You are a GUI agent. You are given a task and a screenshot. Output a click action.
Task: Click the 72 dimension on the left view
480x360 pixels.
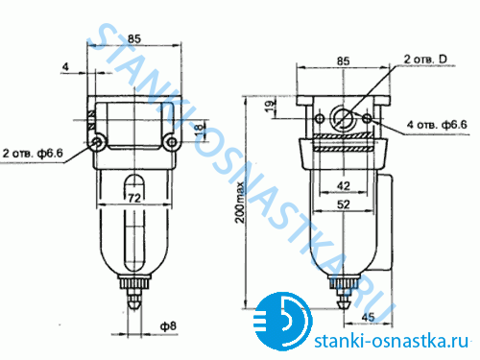pos(134,198)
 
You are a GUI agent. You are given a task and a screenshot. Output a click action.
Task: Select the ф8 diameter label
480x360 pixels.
pos(168,326)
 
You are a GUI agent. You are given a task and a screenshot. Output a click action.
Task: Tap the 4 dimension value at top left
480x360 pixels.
pos(65,66)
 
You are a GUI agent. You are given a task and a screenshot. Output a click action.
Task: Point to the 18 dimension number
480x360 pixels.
pos(200,130)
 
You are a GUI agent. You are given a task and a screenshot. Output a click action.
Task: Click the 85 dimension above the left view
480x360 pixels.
pos(134,38)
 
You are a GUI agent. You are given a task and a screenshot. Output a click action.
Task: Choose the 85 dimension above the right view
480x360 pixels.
pos(343,61)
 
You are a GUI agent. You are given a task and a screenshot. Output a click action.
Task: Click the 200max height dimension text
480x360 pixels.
pos(240,203)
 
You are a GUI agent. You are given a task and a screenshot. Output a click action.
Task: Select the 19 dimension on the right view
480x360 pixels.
pos(270,106)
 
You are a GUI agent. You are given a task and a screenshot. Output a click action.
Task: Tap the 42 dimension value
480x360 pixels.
pos(344,185)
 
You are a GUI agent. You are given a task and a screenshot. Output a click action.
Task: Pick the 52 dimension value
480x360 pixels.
pos(344,204)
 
